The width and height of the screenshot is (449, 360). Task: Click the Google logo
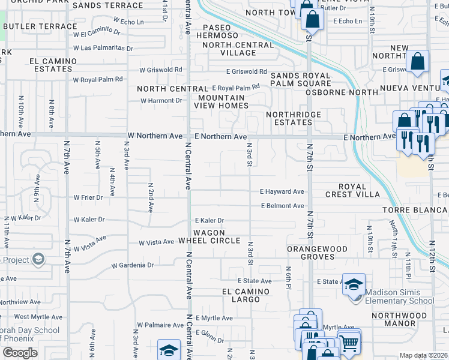(20, 353)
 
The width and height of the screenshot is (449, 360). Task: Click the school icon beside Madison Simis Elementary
(354, 284)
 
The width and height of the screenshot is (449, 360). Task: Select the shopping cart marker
(348, 343)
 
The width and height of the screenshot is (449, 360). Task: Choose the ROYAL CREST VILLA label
(352, 190)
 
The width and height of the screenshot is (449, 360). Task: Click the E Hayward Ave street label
(282, 191)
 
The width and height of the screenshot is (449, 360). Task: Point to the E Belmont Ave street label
(282, 206)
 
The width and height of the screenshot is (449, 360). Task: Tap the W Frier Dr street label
(88, 197)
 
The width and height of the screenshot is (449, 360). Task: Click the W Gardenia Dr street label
(133, 265)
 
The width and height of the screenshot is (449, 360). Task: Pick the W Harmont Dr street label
(161, 100)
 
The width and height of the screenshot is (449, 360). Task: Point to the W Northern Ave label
(154, 136)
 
